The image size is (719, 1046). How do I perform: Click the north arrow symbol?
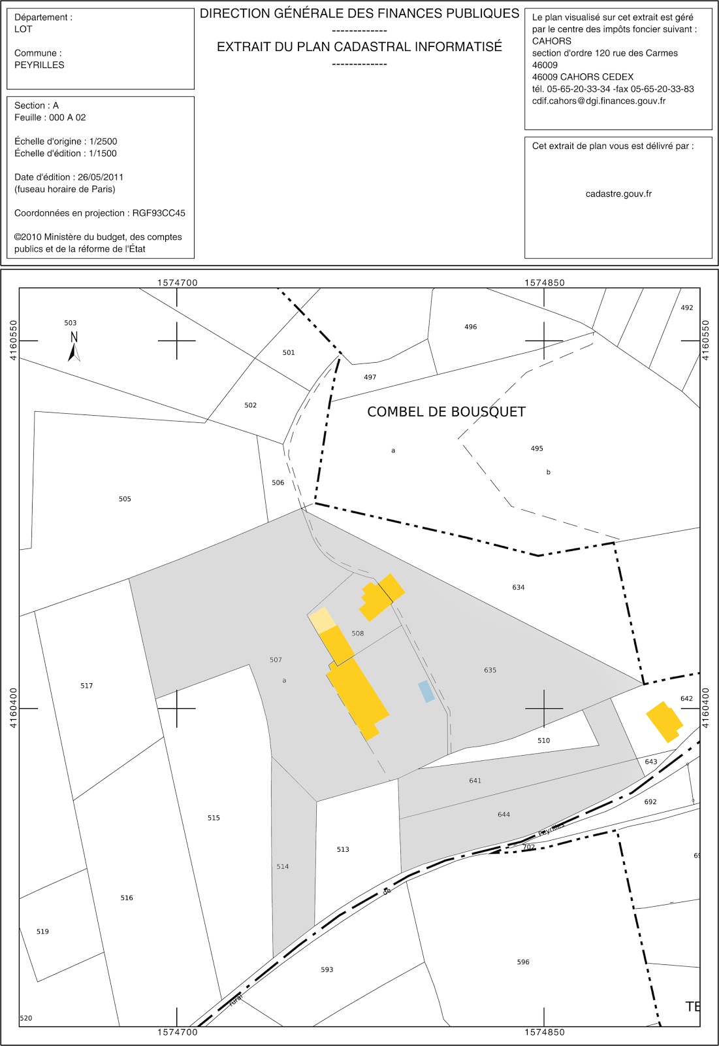click(74, 347)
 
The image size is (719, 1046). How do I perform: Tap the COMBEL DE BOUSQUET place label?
click(446, 412)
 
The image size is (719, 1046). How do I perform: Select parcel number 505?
click(125, 499)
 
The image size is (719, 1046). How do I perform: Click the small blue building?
click(426, 691)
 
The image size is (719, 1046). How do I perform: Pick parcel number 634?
click(519, 587)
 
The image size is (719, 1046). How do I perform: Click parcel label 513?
click(343, 849)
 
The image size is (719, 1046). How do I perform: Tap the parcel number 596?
click(523, 962)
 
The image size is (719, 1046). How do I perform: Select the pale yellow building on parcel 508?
click(321, 619)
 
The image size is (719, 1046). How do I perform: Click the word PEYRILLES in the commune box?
click(39, 65)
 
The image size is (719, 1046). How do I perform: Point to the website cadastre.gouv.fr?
click(618, 194)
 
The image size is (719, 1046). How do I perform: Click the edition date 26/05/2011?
click(101, 177)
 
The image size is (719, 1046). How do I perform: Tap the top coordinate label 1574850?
click(545, 282)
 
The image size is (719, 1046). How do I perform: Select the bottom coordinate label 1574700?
click(177, 1032)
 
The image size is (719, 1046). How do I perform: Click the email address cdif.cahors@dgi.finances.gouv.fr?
click(599, 101)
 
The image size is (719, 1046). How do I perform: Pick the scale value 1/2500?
click(103, 141)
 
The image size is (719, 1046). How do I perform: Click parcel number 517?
click(87, 686)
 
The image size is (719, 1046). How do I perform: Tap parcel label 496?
click(471, 327)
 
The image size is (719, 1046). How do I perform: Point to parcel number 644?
click(503, 815)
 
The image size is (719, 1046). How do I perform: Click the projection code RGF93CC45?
click(159, 213)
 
